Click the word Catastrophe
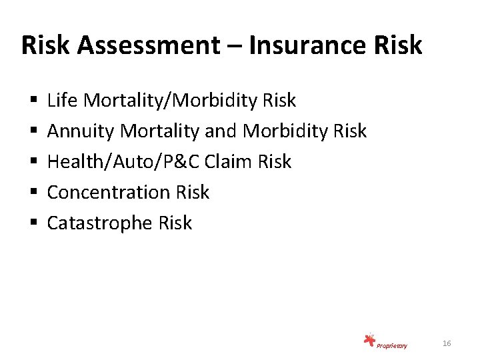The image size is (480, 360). (x=100, y=223)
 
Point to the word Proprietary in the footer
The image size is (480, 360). (x=392, y=345)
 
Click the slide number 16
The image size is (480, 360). (x=447, y=343)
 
